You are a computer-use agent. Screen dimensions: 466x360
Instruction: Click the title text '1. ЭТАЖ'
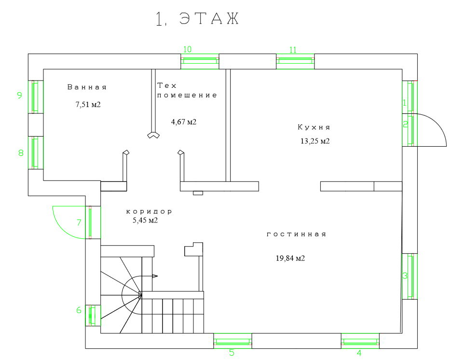197,19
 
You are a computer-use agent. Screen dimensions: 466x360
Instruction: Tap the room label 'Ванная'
87,87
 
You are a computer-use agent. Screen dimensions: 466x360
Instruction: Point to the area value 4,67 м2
184,122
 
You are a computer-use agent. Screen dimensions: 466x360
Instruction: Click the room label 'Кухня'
314,127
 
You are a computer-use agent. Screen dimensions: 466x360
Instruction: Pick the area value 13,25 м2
315,141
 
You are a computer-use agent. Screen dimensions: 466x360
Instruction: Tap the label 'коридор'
149,211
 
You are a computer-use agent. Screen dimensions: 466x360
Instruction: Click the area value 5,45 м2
145,221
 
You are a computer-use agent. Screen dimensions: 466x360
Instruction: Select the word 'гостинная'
297,234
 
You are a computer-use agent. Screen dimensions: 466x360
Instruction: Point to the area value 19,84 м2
290,258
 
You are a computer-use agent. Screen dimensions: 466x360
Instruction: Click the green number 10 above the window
188,49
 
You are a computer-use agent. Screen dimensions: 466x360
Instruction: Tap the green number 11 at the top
293,49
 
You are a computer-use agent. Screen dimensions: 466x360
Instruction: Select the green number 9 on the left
20,95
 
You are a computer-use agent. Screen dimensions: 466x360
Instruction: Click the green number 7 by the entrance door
79,222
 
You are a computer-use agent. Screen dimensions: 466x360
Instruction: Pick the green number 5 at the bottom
232,353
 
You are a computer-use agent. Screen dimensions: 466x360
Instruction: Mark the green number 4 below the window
359,353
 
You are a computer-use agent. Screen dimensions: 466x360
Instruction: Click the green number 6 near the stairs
79,310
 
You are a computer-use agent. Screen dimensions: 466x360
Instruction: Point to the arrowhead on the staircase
155,276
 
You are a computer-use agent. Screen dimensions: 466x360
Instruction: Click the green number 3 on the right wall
405,276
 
